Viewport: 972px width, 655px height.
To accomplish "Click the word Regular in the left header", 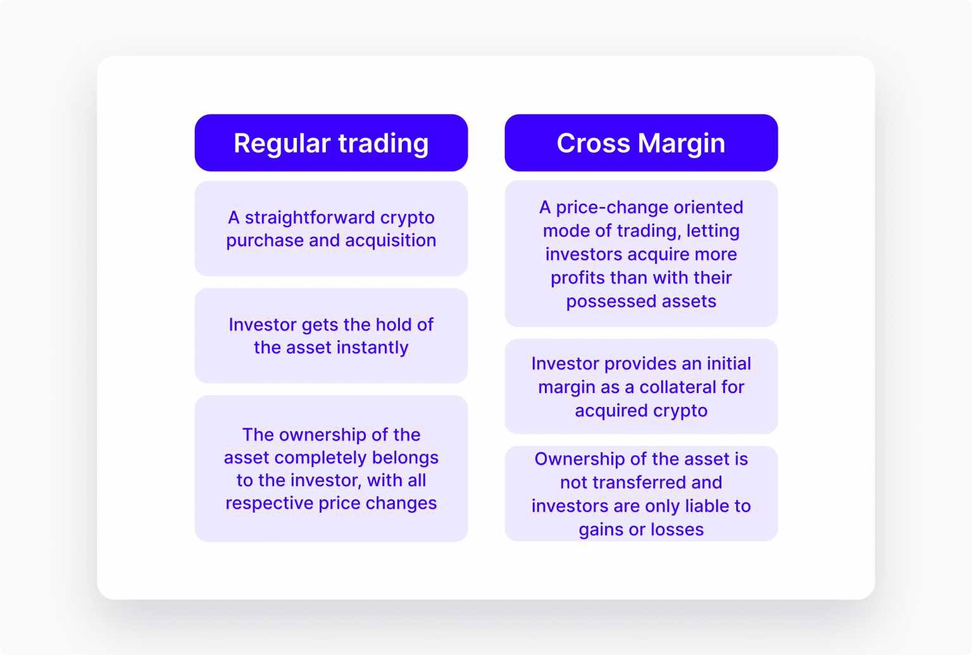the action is pos(282,144).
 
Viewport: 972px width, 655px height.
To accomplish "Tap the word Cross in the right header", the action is pos(593,143).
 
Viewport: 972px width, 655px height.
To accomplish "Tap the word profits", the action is pos(577,278).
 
